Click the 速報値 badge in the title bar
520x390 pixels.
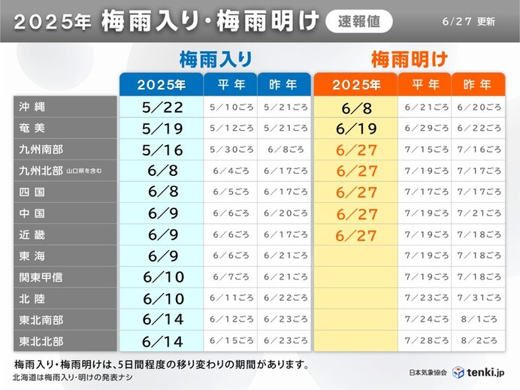pos(358,22)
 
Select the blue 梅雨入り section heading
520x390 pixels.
pos(215,59)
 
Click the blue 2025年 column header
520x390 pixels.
pos(162,84)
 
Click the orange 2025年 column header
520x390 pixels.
pos(355,84)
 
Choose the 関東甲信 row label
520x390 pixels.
pos(41,277)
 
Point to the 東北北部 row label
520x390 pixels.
pos(41,341)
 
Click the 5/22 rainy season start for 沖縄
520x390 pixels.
pos(162,107)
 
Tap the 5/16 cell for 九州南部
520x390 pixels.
pos(162,150)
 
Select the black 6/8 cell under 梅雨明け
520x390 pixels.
pos(355,107)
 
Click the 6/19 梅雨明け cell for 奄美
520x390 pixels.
pos(355,128)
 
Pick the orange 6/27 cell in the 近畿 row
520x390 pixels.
pos(355,235)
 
